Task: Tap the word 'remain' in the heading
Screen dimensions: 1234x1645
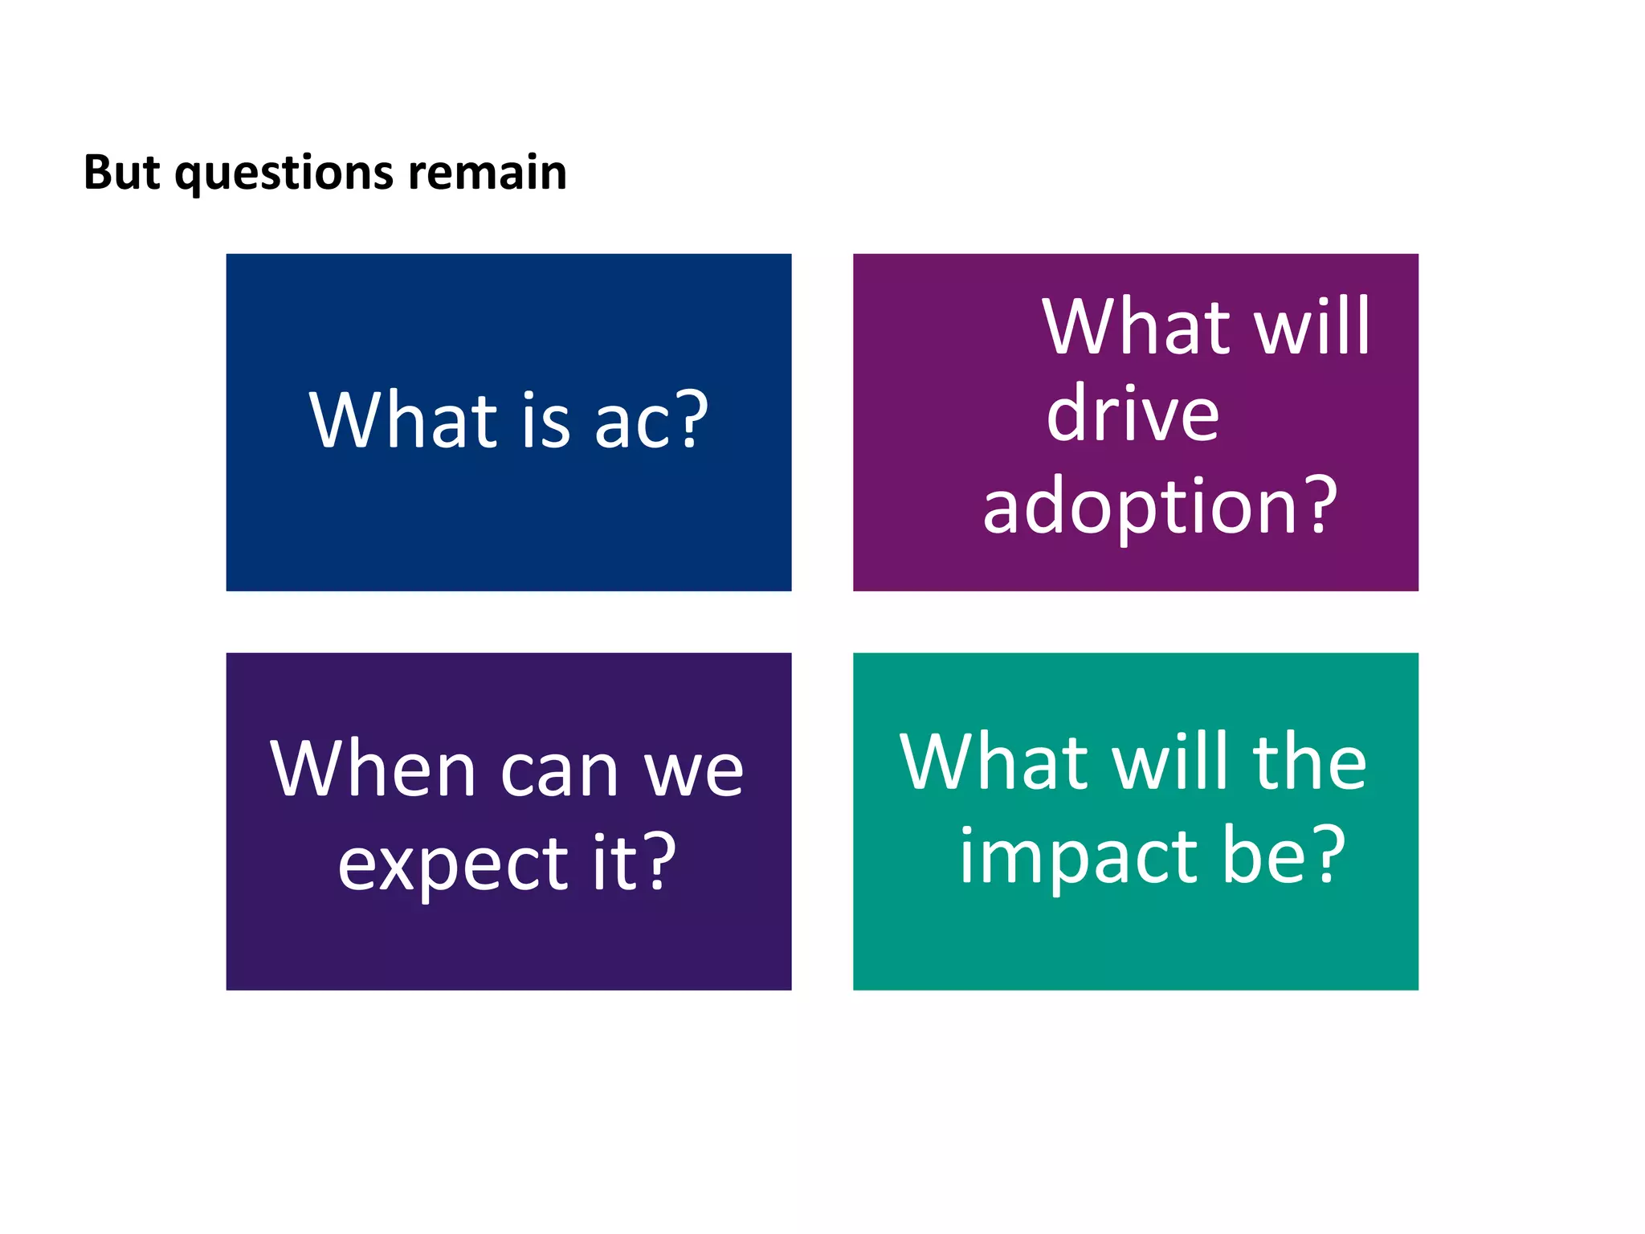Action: click(x=488, y=173)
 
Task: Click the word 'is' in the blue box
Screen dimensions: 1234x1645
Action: click(x=545, y=420)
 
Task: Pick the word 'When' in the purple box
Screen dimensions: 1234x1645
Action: click(x=373, y=769)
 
